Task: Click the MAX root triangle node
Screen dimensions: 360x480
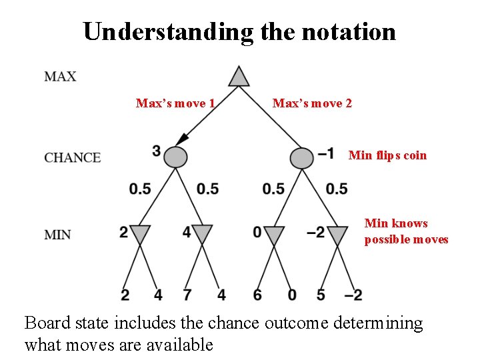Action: pos(239,77)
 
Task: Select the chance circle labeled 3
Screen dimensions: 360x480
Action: pos(175,157)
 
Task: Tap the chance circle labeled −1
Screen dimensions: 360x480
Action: pos(302,157)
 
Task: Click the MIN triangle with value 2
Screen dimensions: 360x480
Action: pos(140,234)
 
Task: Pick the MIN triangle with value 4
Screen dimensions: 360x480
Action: pos(201,234)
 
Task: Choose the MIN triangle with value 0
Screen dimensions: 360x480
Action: pos(274,234)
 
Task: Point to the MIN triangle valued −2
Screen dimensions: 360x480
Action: pos(337,234)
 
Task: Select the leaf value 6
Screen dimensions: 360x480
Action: pos(258,294)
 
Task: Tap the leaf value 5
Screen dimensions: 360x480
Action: pos(321,294)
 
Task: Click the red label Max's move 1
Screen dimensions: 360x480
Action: pos(175,103)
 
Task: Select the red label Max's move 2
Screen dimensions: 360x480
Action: pos(312,103)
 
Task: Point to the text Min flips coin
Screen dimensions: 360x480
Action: pos(387,155)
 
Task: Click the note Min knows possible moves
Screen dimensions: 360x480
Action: pos(406,231)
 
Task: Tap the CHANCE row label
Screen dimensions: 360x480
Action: pos(73,158)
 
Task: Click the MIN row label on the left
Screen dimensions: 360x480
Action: pos(58,235)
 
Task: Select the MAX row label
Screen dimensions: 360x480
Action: pos(60,76)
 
